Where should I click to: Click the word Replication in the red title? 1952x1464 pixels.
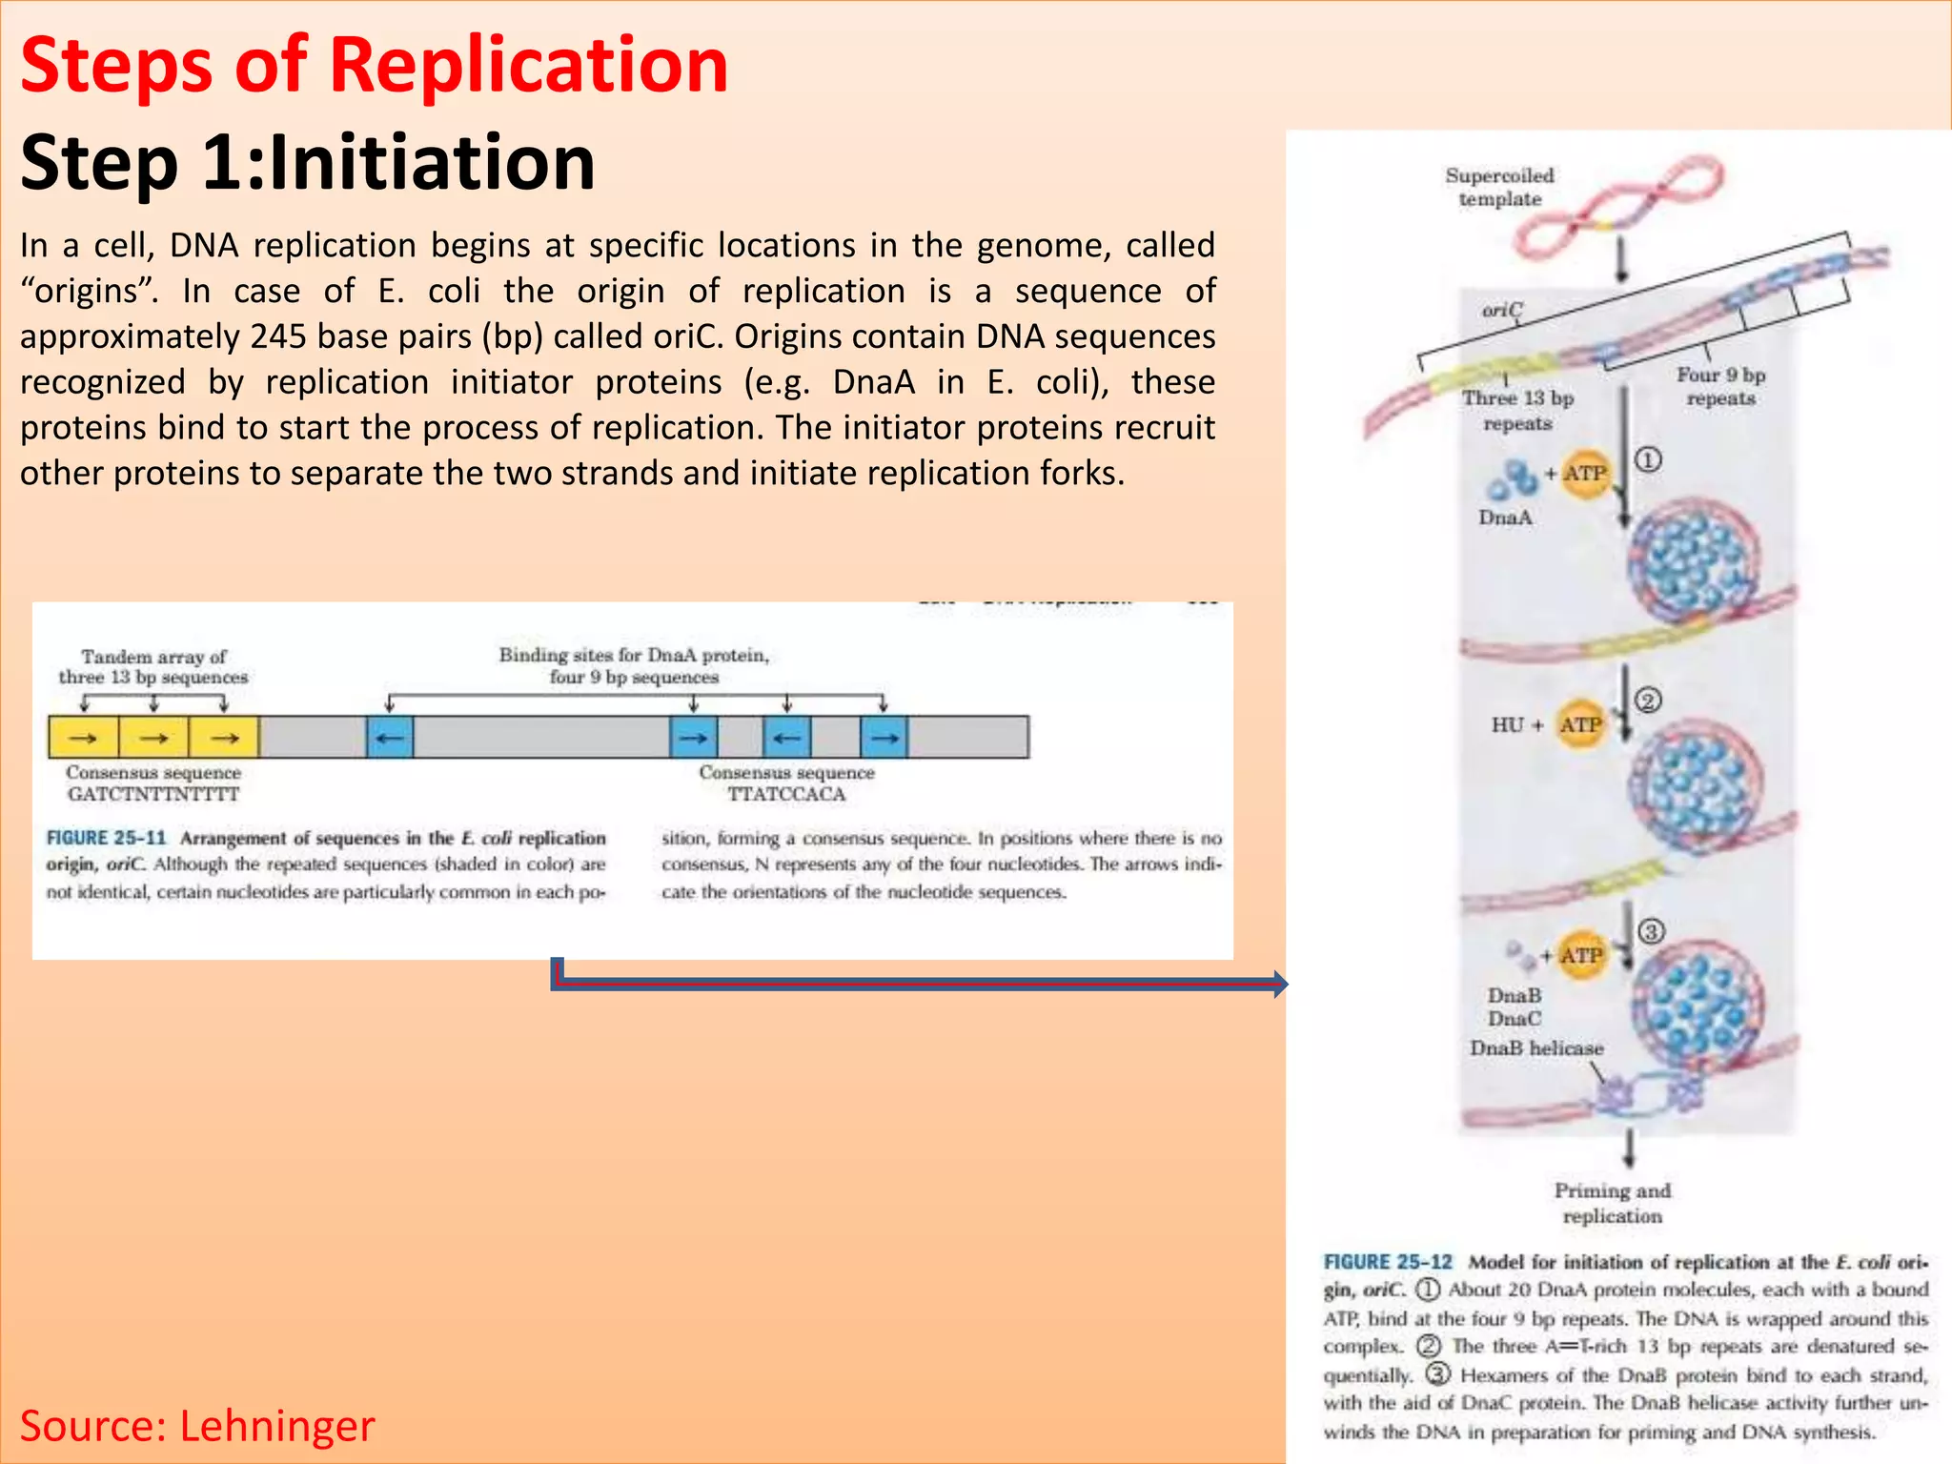click(x=528, y=65)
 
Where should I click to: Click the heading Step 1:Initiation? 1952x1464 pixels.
click(x=307, y=162)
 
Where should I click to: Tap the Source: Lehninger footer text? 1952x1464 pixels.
click(x=197, y=1426)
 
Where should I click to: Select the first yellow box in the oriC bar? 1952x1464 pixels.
click(x=84, y=738)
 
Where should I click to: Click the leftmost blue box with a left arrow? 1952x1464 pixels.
click(x=390, y=738)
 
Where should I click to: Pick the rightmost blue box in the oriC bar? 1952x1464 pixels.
click(x=884, y=738)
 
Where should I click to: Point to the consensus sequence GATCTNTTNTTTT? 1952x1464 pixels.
click(x=153, y=794)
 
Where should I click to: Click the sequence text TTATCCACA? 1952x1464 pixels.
click(x=786, y=794)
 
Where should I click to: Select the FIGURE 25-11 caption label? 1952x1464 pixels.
click(x=106, y=838)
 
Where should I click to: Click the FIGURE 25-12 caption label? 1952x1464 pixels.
click(x=1388, y=1262)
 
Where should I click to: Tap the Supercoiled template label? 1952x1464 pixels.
click(x=1499, y=187)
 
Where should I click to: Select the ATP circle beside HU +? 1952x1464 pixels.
click(x=1581, y=724)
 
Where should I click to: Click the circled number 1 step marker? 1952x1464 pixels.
click(x=1648, y=460)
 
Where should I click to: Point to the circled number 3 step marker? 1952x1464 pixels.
click(x=1651, y=931)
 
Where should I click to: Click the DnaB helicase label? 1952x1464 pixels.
click(x=1535, y=1047)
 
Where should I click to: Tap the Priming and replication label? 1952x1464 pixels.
click(x=1612, y=1203)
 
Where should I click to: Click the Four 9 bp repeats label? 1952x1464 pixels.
click(x=1720, y=386)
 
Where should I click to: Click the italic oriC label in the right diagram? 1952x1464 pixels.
click(x=1502, y=310)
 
